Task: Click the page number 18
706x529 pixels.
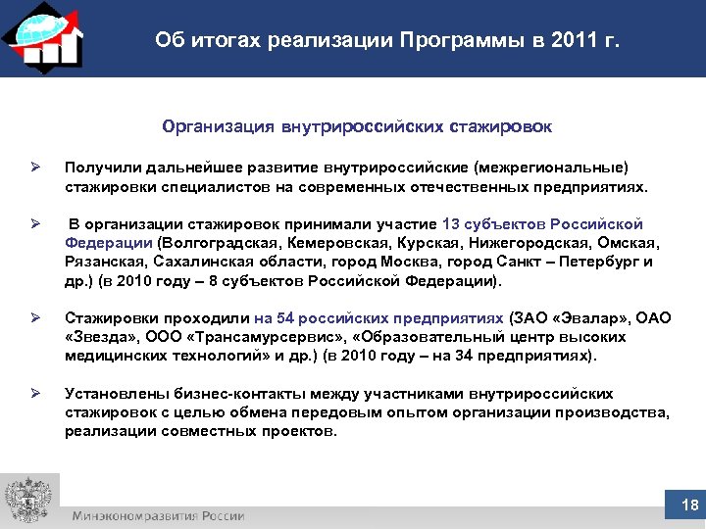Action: pos(688,505)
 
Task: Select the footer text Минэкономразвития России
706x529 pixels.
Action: pos(157,515)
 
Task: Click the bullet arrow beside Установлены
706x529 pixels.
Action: pos(34,394)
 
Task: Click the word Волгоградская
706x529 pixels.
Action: pos(212,242)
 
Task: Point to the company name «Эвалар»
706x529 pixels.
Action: pos(579,317)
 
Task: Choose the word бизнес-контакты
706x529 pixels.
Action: pos(201,394)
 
